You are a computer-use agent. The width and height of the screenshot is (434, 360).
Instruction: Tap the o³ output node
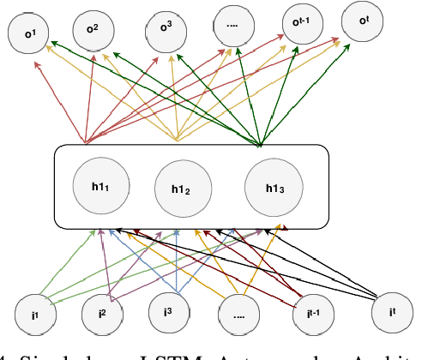(166, 26)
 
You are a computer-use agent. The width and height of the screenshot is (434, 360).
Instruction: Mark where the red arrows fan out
(86, 141)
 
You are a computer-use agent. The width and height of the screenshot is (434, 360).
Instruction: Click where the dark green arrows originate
(260, 141)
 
